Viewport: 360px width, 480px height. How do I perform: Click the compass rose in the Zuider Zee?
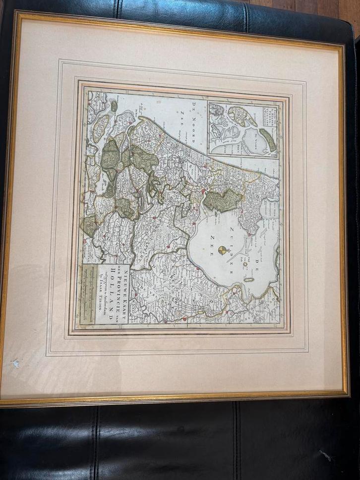pos(223,250)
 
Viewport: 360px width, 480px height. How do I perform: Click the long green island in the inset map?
pos(269,140)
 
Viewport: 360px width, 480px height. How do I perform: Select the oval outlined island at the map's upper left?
pos(101,127)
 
